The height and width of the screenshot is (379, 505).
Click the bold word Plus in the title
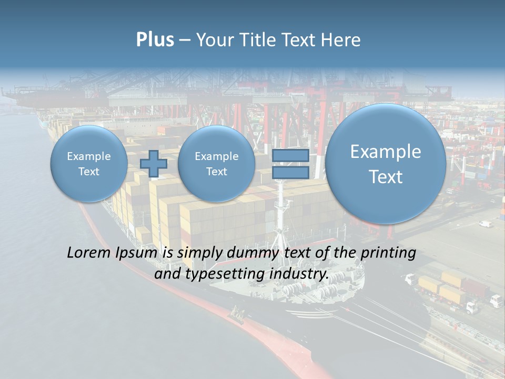[155, 40]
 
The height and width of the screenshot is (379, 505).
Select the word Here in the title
[343, 40]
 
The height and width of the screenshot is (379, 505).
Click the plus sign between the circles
[154, 164]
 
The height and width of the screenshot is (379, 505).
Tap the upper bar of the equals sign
[290, 156]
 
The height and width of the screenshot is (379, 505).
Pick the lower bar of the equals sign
[290, 172]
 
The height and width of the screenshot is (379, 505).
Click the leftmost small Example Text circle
[88, 164]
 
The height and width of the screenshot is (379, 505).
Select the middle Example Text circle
[216, 164]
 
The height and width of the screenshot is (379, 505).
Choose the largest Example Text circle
[386, 164]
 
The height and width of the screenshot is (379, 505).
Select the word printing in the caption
[388, 253]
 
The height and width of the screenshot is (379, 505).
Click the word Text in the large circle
[386, 177]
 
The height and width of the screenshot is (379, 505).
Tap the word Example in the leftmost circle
[88, 156]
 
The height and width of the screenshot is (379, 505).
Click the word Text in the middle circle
[216, 172]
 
